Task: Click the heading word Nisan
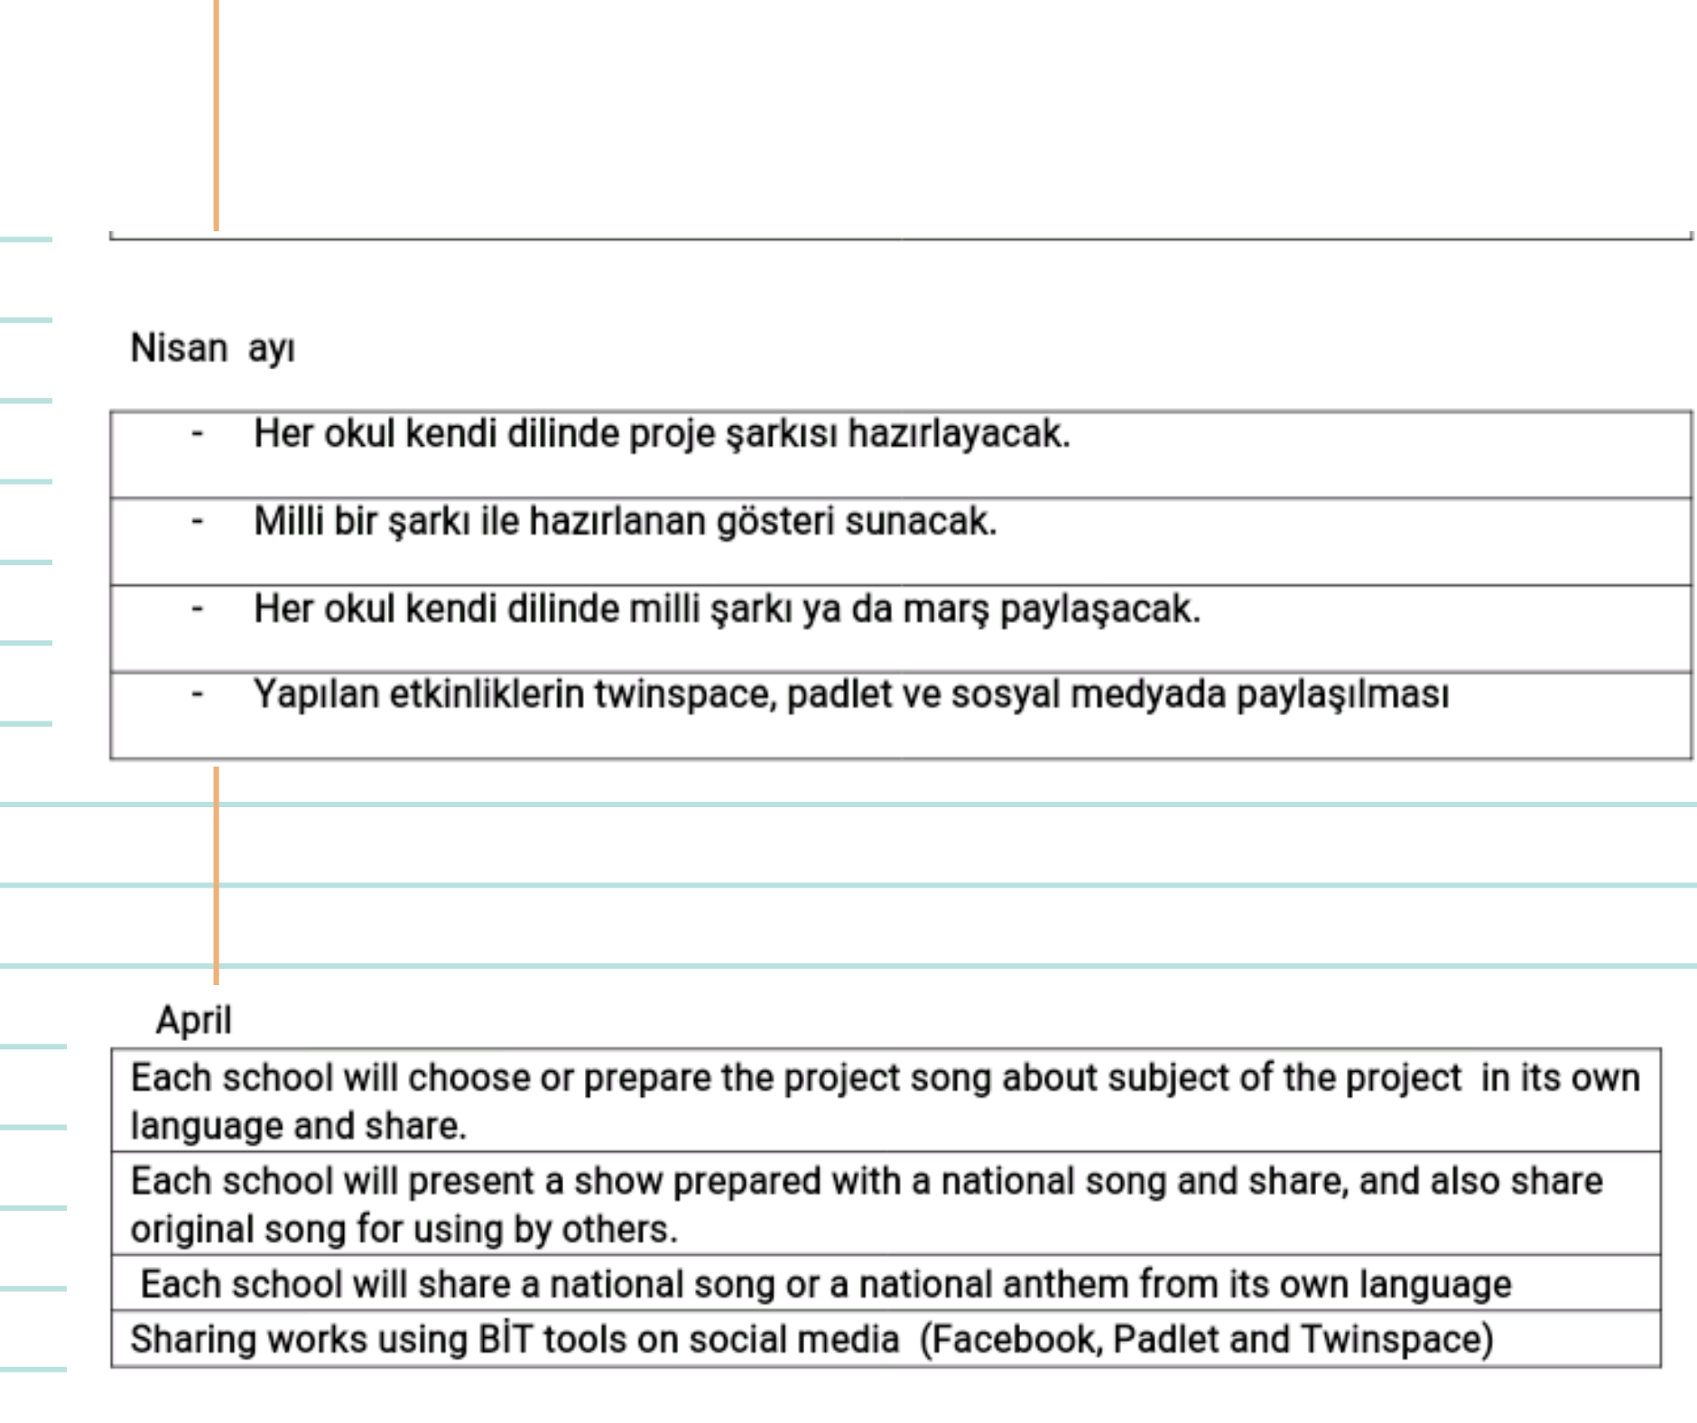click(x=179, y=349)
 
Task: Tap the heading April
click(x=193, y=1021)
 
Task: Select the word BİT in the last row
click(x=505, y=1339)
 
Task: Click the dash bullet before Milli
click(x=198, y=522)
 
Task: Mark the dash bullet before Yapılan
click(x=198, y=695)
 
